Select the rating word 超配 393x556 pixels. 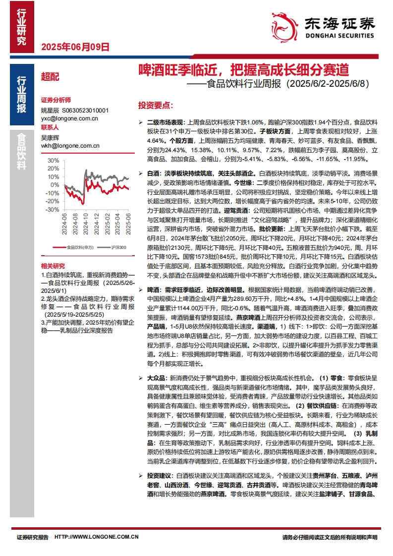[x=50, y=77]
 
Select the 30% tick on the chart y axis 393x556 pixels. [x=53, y=161]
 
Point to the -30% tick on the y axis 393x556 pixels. [x=52, y=210]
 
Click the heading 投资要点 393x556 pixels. [x=155, y=106]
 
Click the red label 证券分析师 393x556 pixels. [x=56, y=100]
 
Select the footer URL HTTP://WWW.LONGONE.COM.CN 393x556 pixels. [x=96, y=537]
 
